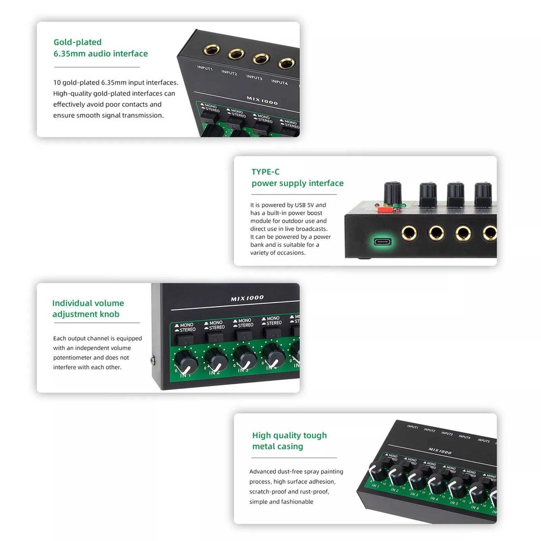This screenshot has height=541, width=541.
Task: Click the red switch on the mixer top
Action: click(385, 210)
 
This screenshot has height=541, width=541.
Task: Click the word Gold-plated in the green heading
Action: click(77, 42)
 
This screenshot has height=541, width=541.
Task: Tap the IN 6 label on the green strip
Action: click(475, 508)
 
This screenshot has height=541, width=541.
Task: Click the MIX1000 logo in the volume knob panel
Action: click(247, 298)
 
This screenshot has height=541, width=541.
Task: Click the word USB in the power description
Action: click(303, 205)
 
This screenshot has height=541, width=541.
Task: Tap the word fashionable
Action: click(295, 502)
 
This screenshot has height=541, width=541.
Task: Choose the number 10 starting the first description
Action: click(57, 82)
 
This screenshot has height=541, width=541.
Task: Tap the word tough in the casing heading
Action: click(315, 435)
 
